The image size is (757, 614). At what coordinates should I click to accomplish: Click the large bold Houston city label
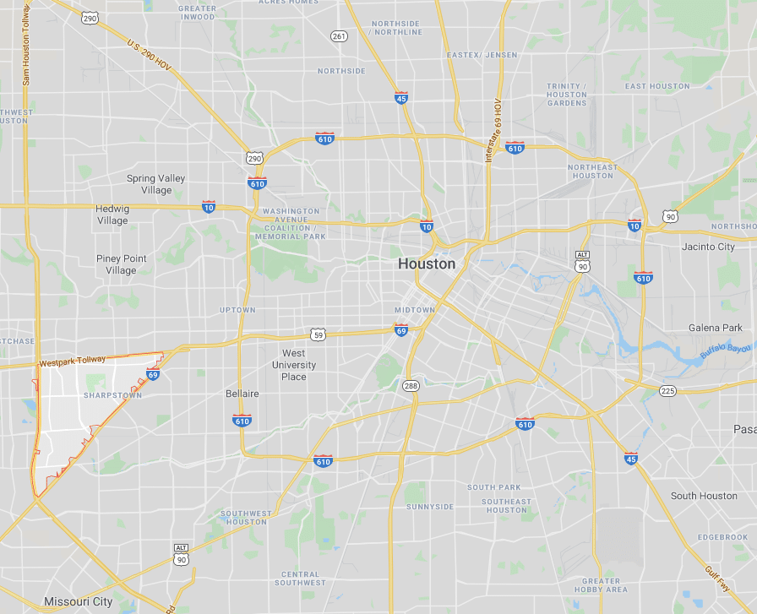coord(426,264)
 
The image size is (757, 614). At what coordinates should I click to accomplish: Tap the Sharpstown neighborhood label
coord(112,395)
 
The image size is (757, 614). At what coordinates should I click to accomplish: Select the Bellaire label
coord(242,394)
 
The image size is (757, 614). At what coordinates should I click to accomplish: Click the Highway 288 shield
coord(411,386)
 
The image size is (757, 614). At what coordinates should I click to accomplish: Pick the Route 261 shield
coord(339,35)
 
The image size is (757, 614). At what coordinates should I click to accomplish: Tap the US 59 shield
coord(318,334)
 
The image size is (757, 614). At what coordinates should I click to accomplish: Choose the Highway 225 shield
coord(667,390)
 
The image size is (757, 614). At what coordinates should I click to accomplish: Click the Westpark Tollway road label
coord(73,361)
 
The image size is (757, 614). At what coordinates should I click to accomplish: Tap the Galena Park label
coord(715,328)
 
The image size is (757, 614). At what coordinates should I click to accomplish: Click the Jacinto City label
coord(708,247)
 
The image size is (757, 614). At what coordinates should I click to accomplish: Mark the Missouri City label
coord(78,602)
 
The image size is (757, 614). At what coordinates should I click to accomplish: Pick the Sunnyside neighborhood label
coord(430,507)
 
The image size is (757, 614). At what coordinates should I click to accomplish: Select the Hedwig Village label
coord(112,215)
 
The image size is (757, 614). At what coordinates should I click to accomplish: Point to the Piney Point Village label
coord(121,264)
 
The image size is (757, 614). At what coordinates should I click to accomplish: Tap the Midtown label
coord(414,310)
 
